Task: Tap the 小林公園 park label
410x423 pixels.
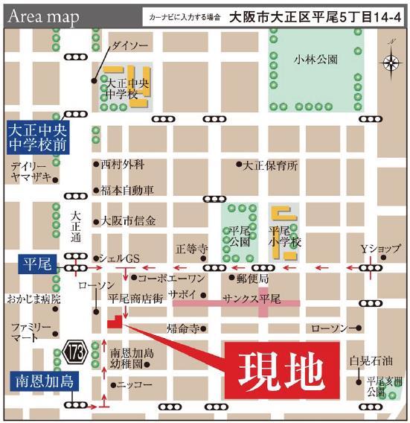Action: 315,58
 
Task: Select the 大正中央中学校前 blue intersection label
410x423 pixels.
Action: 36,136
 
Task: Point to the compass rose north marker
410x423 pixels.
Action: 391,63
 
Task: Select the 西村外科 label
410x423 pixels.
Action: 123,164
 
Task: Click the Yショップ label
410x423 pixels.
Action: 380,248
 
